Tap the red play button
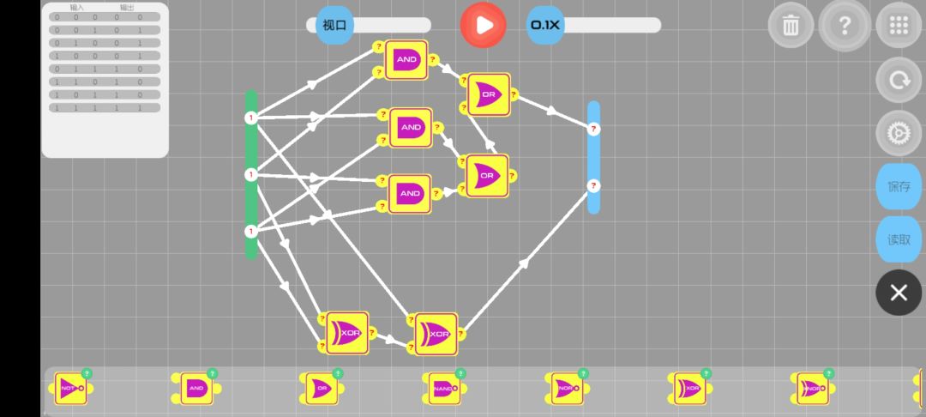484,25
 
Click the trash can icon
790,25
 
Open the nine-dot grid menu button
898,25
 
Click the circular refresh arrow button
898,80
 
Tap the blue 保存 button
898,186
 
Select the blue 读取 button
898,239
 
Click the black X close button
898,293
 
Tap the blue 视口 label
334,25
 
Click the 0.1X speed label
545,25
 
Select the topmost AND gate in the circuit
406,60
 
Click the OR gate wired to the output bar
489,94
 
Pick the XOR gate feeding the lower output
436,333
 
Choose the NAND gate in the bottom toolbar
443,389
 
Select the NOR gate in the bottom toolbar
566,389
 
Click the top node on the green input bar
251,118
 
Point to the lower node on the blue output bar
593,185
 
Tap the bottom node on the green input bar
251,231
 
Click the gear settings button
898,134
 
